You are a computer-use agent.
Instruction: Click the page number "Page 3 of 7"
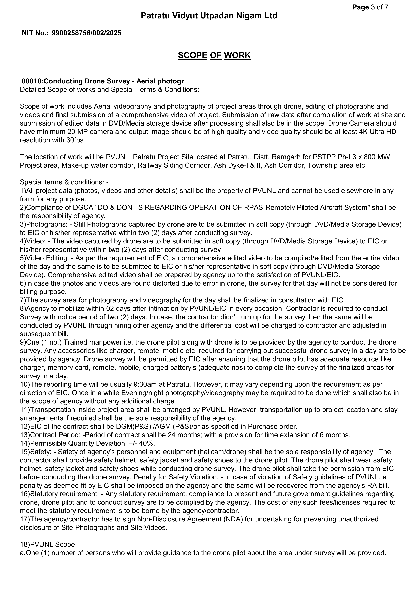(370, 7)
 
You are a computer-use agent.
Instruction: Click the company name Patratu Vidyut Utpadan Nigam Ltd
(209, 16)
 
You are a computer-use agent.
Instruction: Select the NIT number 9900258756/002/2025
(86, 33)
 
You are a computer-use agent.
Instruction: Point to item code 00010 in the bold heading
(31, 81)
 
